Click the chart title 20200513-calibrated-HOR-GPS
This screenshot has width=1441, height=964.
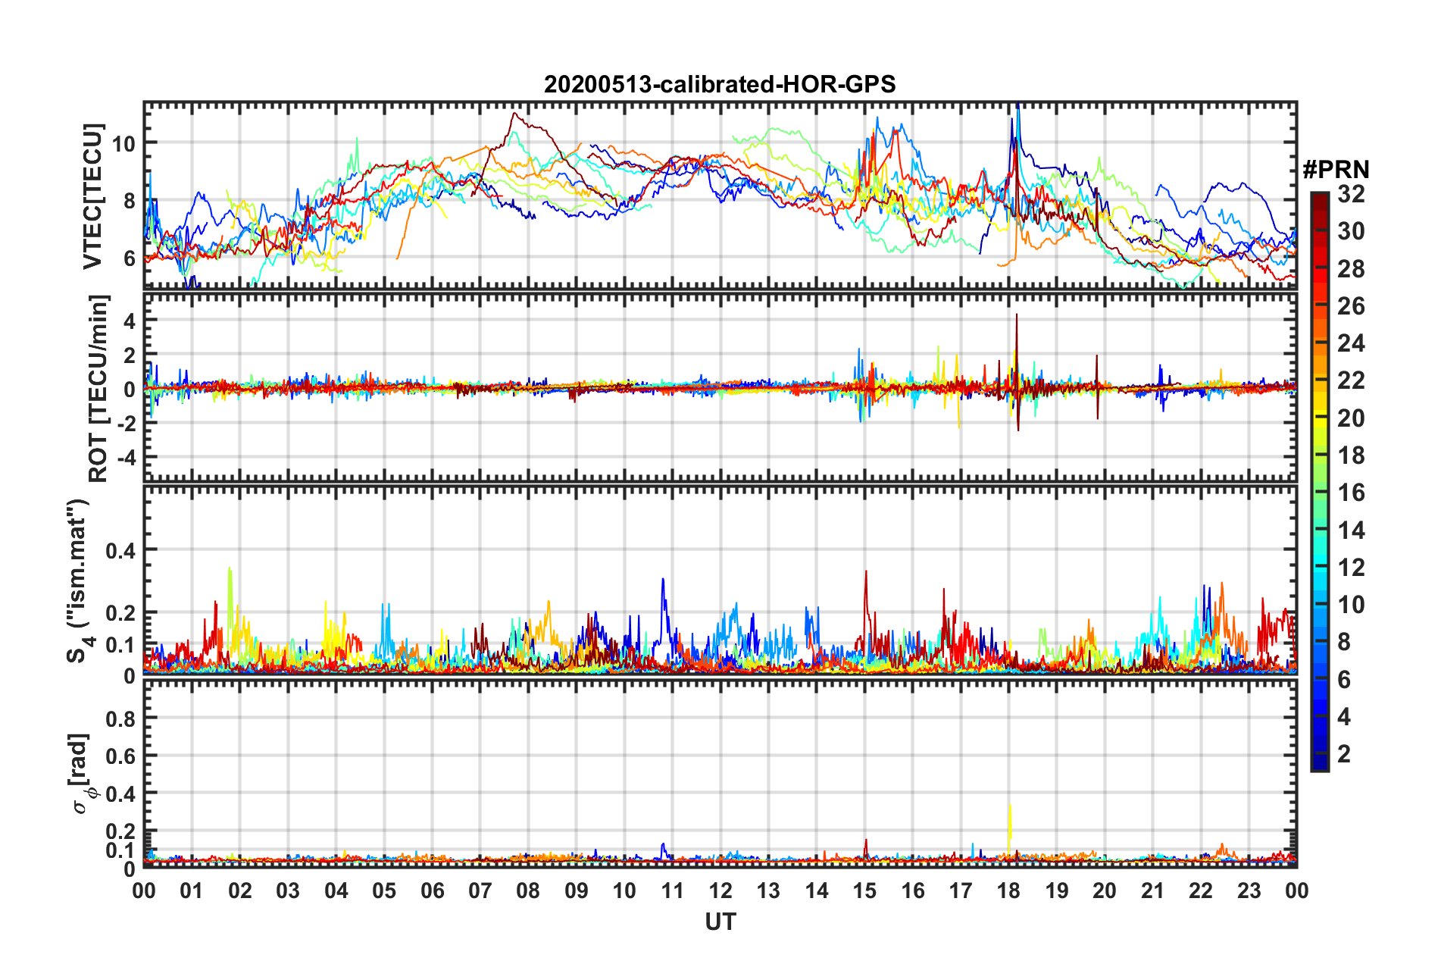pyautogui.click(x=720, y=84)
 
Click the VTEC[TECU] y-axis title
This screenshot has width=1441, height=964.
pyautogui.click(x=92, y=196)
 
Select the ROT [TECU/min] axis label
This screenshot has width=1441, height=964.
pyautogui.click(x=98, y=389)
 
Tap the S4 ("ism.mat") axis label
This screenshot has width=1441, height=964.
pyautogui.click(x=79, y=581)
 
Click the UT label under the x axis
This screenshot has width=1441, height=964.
pyautogui.click(x=720, y=922)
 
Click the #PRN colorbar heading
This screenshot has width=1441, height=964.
pyautogui.click(x=1336, y=169)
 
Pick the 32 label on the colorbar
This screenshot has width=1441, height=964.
pyautogui.click(x=1351, y=194)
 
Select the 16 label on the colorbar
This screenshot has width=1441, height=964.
pyautogui.click(x=1351, y=493)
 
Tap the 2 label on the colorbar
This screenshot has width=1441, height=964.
pyautogui.click(x=1344, y=753)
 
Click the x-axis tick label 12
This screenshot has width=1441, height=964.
pyautogui.click(x=720, y=890)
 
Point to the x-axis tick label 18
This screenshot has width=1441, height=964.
pyautogui.click(x=1008, y=890)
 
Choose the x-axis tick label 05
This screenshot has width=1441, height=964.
pyautogui.click(x=384, y=890)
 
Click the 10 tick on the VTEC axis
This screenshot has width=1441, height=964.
pyautogui.click(x=123, y=143)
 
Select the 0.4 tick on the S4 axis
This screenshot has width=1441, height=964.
pyautogui.click(x=120, y=550)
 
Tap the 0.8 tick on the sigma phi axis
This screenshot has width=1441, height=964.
pyautogui.click(x=120, y=718)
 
